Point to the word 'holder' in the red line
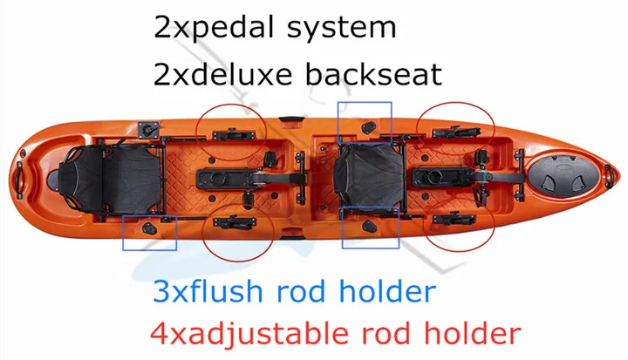point(471,331)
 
